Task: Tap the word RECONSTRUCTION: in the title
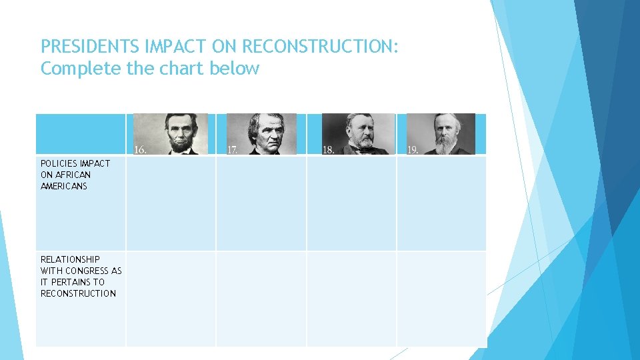[320, 47]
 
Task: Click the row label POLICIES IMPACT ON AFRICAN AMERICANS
[75, 175]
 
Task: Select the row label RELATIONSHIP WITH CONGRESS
[80, 276]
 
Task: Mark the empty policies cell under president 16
[171, 203]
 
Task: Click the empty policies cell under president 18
[351, 203]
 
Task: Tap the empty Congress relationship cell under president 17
[261, 299]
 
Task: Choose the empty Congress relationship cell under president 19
[441, 299]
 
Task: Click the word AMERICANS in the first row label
[64, 186]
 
